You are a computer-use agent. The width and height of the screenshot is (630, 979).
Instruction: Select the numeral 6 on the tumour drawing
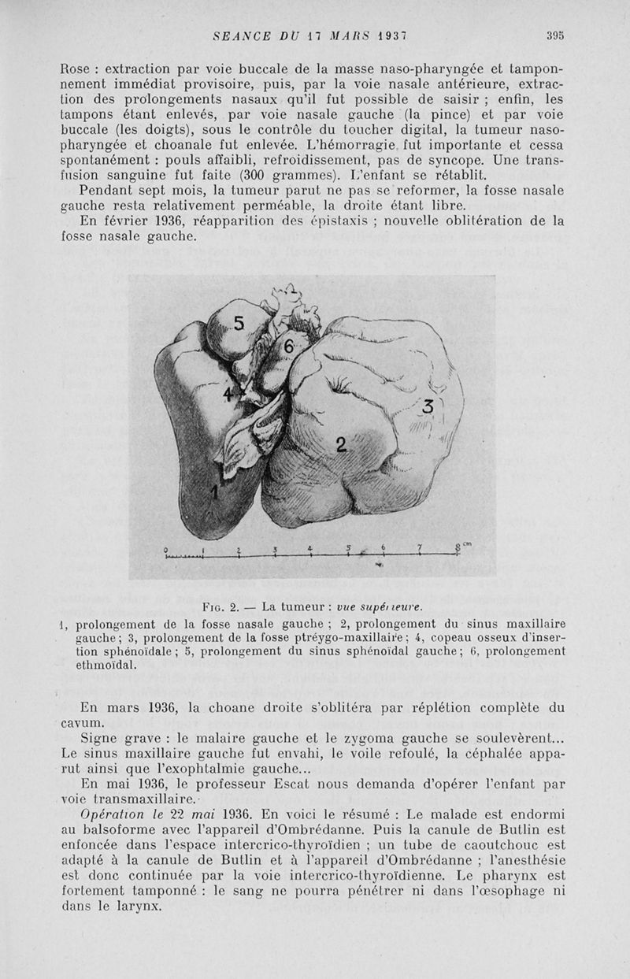click(x=289, y=347)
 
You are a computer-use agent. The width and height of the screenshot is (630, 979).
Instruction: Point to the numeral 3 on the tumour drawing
click(x=428, y=407)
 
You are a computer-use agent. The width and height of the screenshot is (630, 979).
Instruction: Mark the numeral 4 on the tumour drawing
click(x=229, y=394)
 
